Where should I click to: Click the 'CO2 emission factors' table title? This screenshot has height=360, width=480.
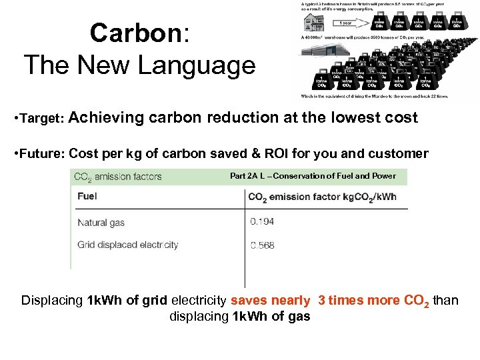(118, 177)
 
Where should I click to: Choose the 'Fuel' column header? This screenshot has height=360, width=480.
(87, 197)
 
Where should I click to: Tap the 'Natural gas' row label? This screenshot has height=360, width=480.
(101, 222)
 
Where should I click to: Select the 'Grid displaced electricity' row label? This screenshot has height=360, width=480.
(128, 245)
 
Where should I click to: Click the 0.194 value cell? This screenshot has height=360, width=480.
(262, 221)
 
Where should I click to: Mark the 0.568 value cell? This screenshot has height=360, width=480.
(262, 245)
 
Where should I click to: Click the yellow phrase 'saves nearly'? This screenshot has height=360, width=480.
(270, 301)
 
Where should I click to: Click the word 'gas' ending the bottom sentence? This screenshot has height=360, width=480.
(299, 317)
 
